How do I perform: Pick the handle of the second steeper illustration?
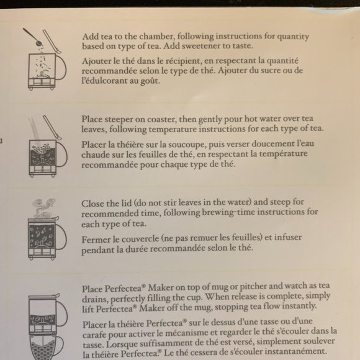click(61, 155)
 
